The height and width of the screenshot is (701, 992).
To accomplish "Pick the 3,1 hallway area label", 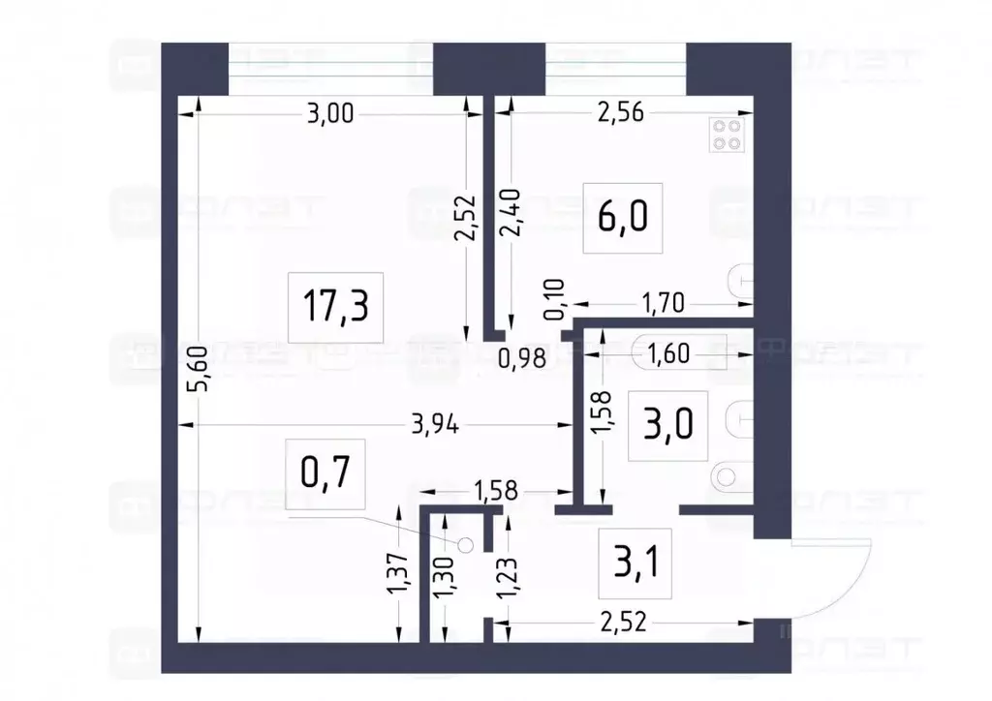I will click(x=635, y=561).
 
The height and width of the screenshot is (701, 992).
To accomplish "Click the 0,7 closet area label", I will click(x=325, y=474).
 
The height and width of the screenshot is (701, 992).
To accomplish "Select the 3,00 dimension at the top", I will click(x=328, y=113).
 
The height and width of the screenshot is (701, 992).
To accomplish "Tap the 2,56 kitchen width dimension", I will click(x=620, y=113).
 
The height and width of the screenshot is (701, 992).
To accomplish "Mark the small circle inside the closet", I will click(x=465, y=546).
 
